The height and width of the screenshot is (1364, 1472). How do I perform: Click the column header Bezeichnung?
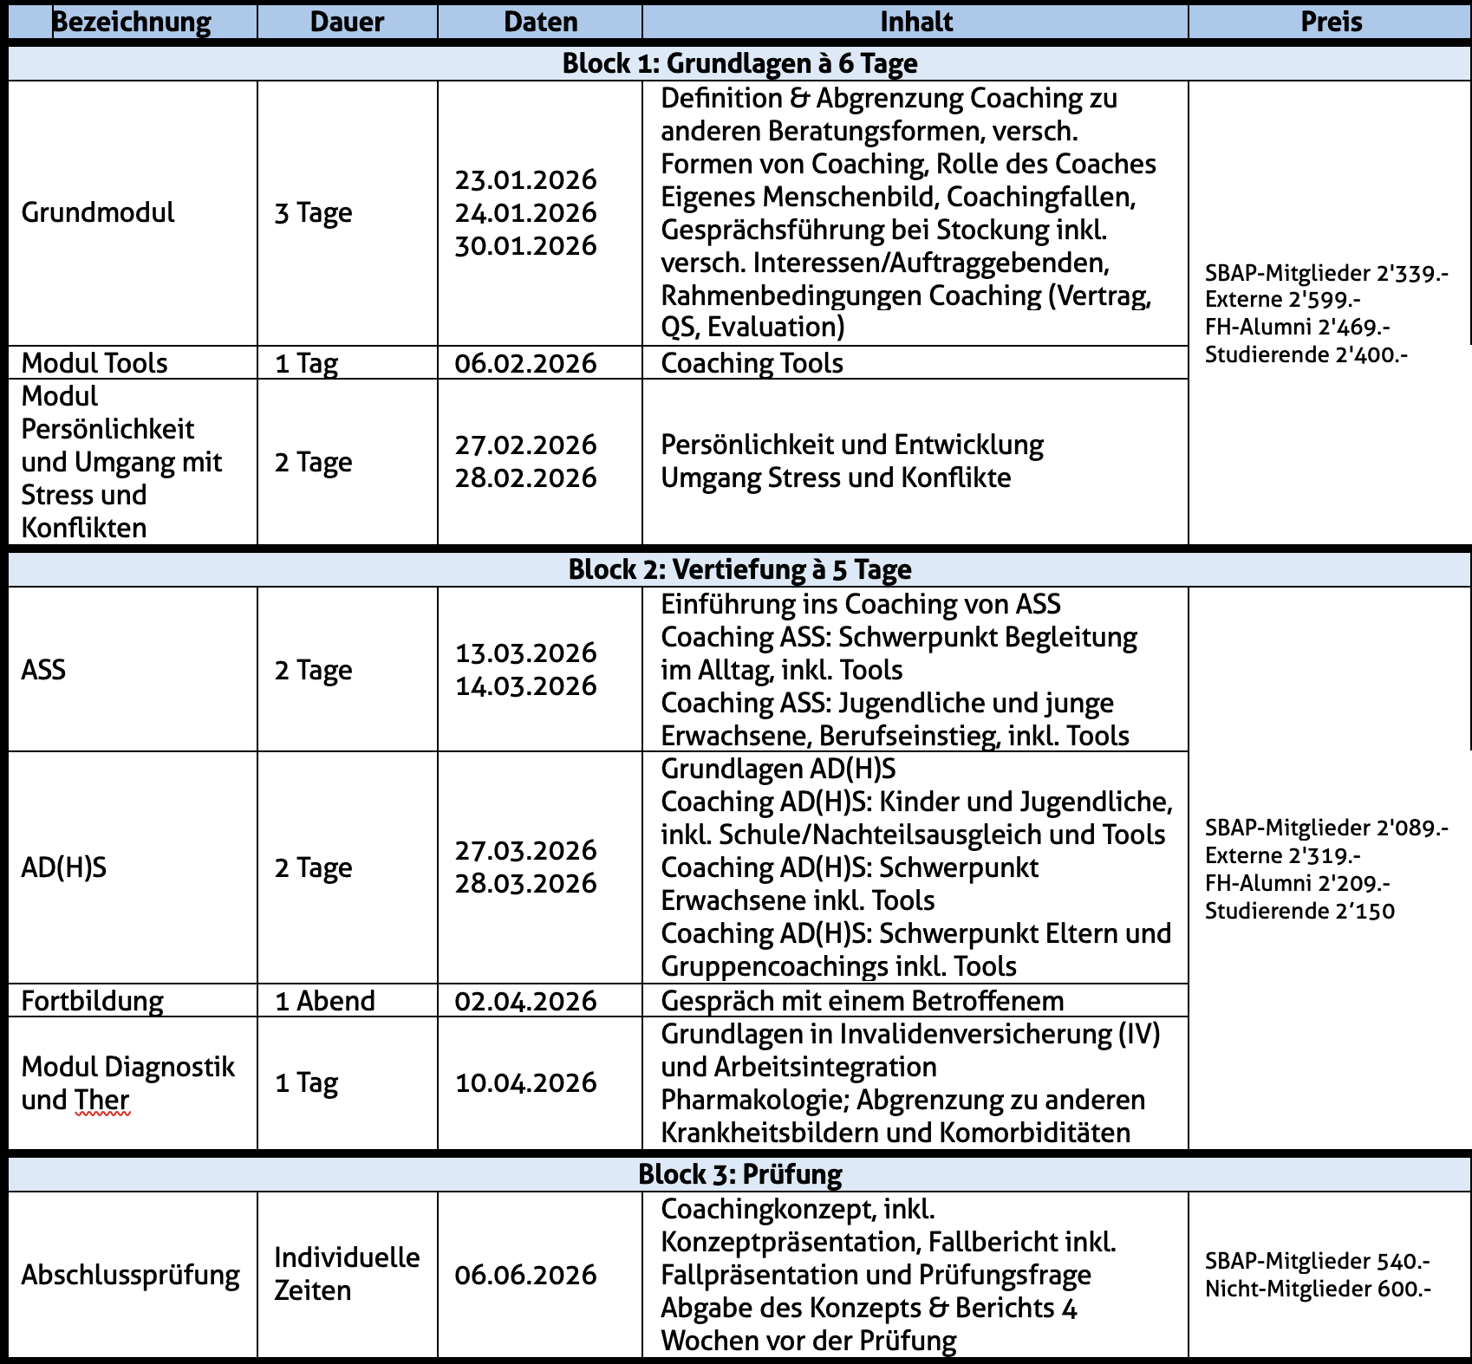point(132,22)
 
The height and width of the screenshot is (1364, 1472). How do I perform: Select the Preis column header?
point(1331,22)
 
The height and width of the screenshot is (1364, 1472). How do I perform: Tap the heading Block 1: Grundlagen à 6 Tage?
point(739,63)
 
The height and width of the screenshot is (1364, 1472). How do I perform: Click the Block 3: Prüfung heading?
point(739,1174)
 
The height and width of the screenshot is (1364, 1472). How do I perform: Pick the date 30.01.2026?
point(525,246)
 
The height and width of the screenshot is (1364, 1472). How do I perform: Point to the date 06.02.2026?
point(525,363)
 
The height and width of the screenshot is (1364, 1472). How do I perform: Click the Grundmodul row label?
point(98,213)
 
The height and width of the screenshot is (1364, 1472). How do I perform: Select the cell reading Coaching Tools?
point(752,363)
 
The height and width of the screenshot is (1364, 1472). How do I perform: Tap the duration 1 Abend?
point(325,1001)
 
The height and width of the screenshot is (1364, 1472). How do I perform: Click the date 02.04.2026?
point(525,1001)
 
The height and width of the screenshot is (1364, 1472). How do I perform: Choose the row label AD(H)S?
point(64,867)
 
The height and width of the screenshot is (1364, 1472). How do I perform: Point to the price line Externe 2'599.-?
point(1282,300)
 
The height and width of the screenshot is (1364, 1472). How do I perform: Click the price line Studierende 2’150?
point(1299,911)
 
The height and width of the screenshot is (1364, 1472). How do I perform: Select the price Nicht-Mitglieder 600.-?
point(1318,1289)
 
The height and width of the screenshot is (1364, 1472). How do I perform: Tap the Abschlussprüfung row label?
point(131,1276)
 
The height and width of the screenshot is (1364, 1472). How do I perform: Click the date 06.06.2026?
point(525,1276)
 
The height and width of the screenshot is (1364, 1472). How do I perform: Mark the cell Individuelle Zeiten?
point(347,1274)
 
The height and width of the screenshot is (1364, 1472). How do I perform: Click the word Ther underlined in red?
point(102,1101)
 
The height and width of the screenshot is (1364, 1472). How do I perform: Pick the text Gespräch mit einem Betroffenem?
point(862,1001)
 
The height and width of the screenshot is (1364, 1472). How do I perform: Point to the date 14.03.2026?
point(525,686)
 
